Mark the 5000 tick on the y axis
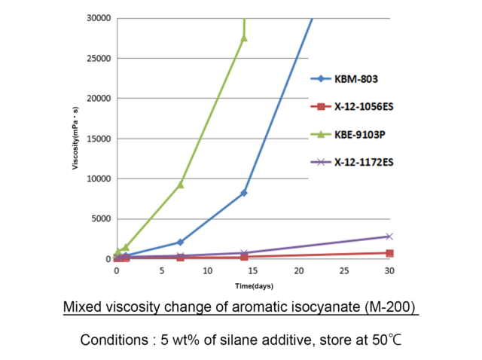coord(100,219)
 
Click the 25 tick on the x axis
coord(344,270)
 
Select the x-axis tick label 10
coord(207,270)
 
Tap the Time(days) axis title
coord(254,287)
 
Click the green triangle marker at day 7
coord(180,184)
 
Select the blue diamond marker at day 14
coord(244,193)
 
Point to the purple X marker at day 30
coord(389,236)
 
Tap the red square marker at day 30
coord(389,254)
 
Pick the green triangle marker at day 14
coord(244,38)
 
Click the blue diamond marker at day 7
coord(180,242)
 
